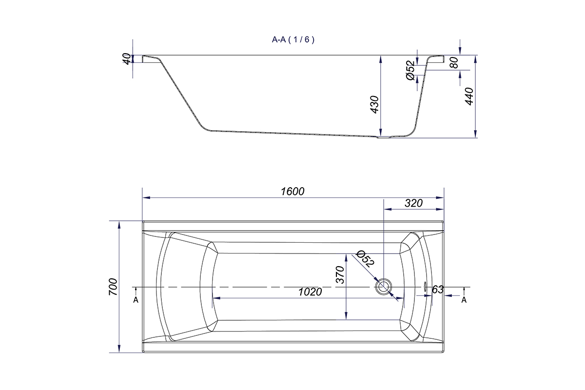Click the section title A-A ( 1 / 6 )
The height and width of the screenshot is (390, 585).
293,40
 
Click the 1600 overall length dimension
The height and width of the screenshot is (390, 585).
292,192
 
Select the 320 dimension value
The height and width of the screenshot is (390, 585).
413,203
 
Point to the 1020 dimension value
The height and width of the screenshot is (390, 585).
310,292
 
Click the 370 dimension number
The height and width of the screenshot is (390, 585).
340,275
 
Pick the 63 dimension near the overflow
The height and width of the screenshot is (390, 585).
437,290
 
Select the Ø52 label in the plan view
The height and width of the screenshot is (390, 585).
365,258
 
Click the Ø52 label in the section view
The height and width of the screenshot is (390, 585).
410,71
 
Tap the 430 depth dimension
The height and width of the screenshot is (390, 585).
374,104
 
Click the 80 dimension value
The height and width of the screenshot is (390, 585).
455,63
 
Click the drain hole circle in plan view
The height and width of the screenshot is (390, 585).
384,287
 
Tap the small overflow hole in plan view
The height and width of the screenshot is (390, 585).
425,287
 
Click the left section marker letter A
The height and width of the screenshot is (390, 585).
136,300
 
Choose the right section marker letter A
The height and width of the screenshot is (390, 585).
464,300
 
